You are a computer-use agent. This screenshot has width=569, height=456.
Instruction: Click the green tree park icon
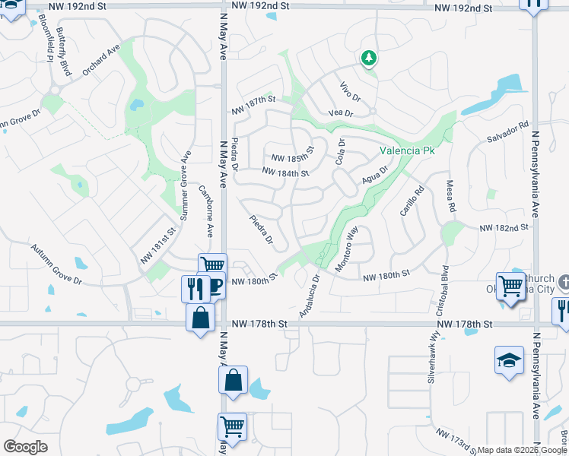(368, 58)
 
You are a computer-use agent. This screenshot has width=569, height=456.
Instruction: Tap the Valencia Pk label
(407, 151)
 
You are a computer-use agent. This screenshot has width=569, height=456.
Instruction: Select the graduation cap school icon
(509, 360)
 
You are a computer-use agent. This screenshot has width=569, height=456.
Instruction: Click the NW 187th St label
(253, 100)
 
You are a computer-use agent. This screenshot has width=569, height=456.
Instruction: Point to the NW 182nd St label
(504, 228)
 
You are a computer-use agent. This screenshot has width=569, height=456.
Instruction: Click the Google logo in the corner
(24, 447)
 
